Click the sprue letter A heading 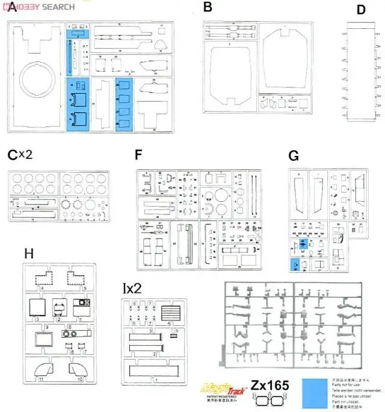tap(13, 10)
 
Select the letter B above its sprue tap(208, 7)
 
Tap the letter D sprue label tap(361, 10)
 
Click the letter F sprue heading tap(139, 155)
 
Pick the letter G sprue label tap(294, 155)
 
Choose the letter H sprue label tap(28, 254)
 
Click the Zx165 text tap(270, 384)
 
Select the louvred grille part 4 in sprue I tap(171, 313)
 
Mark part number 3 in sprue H tap(37, 319)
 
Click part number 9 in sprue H tap(46, 326)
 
